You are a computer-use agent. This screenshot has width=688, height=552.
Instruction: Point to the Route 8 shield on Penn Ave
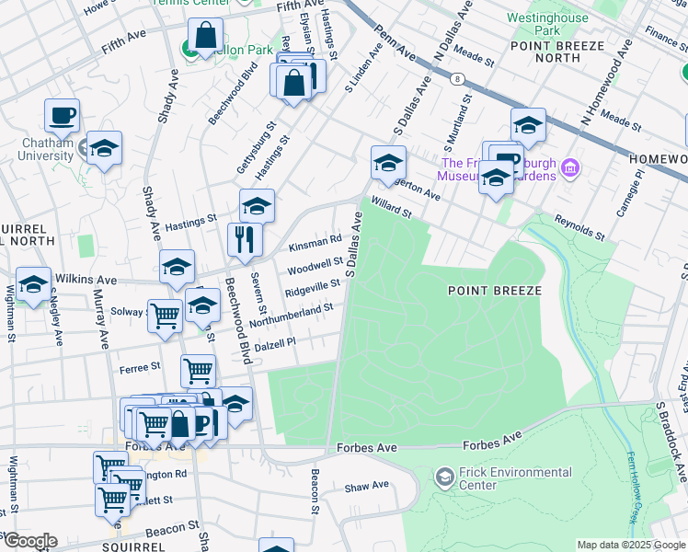pyautogui.click(x=456, y=80)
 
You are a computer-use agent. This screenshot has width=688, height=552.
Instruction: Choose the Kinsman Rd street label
pyautogui.click(x=315, y=242)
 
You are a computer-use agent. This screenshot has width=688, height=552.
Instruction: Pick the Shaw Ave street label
pyautogui.click(x=367, y=487)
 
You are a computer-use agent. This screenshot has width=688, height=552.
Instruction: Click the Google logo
pyautogui.click(x=30, y=541)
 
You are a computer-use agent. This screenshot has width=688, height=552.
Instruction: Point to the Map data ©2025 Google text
pyautogui.click(x=631, y=545)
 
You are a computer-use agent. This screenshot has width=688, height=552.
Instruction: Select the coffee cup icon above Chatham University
pyautogui.click(x=63, y=115)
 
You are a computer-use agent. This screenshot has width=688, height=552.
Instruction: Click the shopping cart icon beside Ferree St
pyautogui.click(x=198, y=371)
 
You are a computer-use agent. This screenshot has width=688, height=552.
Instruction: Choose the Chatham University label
pyautogui.click(x=45, y=149)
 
